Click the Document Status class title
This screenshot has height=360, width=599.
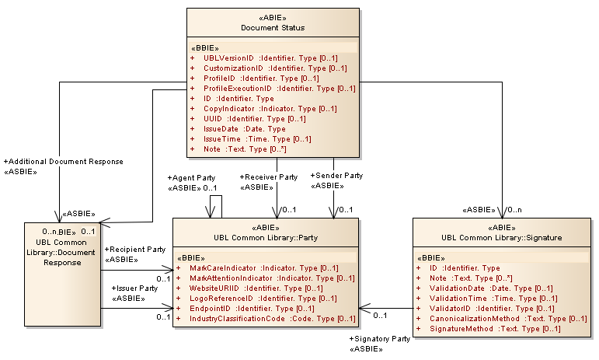pyautogui.click(x=272, y=28)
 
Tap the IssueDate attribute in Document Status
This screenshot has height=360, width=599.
pyautogui.click(x=245, y=129)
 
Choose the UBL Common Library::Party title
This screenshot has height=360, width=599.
pyautogui.click(x=265, y=238)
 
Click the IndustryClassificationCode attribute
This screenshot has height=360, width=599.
pyautogui.click(x=273, y=319)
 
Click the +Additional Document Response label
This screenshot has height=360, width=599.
pyautogui.click(x=64, y=161)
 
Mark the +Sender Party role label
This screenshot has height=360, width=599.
pyautogui.click(x=336, y=176)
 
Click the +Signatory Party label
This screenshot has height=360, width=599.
pyautogui.click(x=379, y=340)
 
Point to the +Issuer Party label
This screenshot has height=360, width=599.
pyautogui.click(x=134, y=288)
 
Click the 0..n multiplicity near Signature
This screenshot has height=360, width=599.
pyautogui.click(x=515, y=210)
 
